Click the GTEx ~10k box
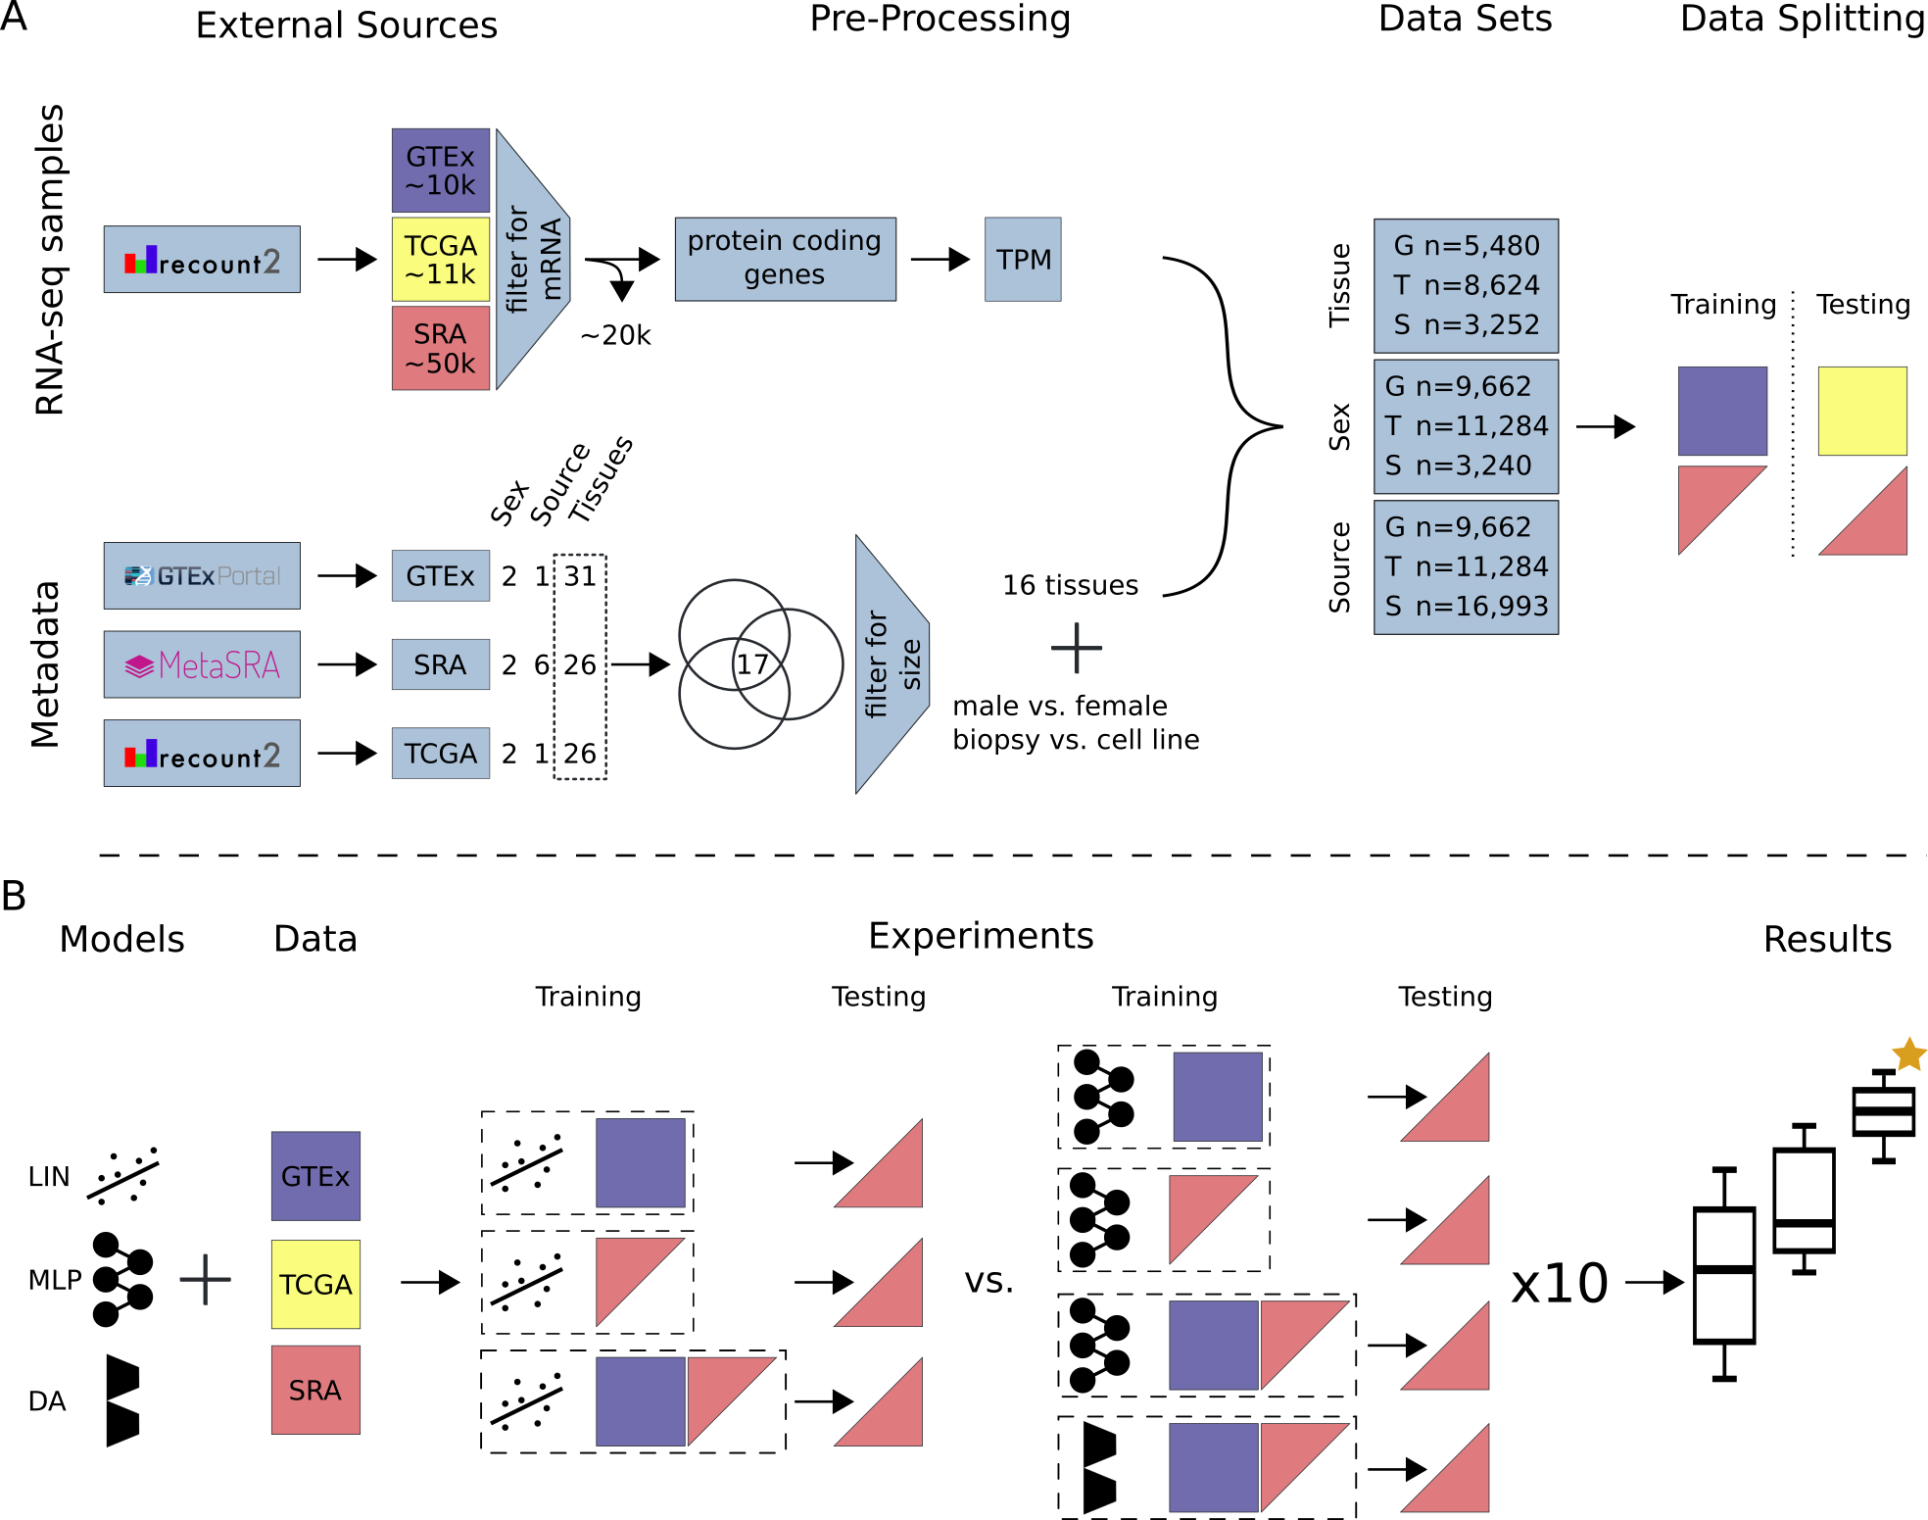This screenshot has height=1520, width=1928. pos(440,171)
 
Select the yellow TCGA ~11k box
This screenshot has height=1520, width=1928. pos(440,260)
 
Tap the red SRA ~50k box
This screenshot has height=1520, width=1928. pos(440,349)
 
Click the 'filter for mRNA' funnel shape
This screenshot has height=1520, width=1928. pos(531,260)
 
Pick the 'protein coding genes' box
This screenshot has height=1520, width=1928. pos(785,259)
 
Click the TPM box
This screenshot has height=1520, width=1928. pos(1023,260)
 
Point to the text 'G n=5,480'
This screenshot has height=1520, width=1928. pos(1467,246)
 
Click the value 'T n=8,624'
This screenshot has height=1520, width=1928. pos(1467,285)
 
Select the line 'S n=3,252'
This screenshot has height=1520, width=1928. pos(1467,324)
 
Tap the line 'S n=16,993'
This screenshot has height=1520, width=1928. pos(1467,607)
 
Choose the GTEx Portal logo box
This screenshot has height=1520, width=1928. pos(202,575)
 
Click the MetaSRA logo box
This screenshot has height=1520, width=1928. pos(202,664)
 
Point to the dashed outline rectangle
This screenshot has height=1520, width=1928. pos(580,666)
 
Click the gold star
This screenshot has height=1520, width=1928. pos(1908,1055)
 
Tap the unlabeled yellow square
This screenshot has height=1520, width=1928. pos(1862,411)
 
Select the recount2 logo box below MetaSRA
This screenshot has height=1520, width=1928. pos(202,754)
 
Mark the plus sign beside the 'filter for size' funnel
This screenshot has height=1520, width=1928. pos(1077,648)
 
